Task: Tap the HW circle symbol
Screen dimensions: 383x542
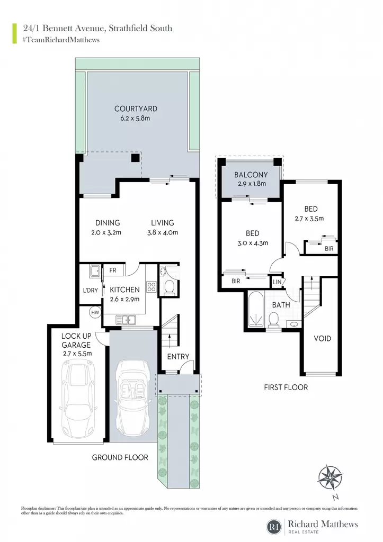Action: tap(95, 312)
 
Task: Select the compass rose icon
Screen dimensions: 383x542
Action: tap(331, 478)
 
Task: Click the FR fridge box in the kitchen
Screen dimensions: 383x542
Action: tap(113, 270)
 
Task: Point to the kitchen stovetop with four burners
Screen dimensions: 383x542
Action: tap(151, 286)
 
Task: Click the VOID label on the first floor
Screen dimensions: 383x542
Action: tap(322, 338)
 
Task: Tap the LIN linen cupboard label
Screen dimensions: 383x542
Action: tap(277, 282)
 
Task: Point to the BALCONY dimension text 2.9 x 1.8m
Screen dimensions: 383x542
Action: tap(252, 184)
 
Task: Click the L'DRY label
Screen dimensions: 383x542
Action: tap(90, 291)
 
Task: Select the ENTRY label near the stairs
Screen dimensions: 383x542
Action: tap(178, 356)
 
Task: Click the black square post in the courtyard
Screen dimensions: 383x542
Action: tap(135, 158)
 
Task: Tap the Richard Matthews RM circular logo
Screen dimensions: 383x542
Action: tap(275, 527)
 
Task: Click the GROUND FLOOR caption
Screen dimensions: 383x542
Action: tap(120, 457)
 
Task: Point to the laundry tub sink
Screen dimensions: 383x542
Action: tap(95, 272)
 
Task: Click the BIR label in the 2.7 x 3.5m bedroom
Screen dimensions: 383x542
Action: tap(329, 249)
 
